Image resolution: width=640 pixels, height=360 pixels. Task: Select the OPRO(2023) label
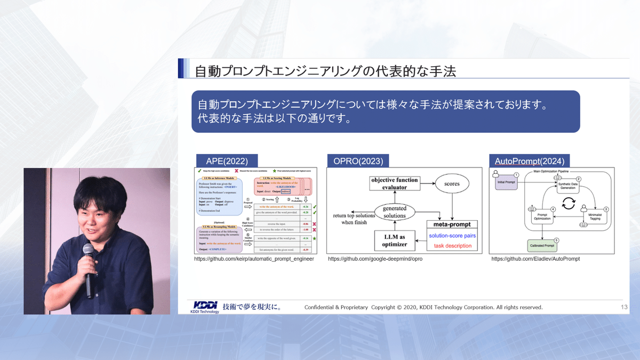click(355, 161)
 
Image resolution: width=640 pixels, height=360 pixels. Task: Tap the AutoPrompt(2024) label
click(529, 161)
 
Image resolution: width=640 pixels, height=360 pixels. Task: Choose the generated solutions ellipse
click(395, 212)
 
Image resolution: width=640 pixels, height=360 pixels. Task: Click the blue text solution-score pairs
click(452, 235)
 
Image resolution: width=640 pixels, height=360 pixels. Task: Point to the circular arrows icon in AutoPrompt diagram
click(569, 203)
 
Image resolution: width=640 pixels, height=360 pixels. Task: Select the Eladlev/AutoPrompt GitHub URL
click(535, 259)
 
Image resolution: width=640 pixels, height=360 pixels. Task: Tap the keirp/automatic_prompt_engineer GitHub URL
click(254, 259)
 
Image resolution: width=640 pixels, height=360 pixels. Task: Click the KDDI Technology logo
click(205, 307)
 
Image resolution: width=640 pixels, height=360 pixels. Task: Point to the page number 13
click(624, 307)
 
